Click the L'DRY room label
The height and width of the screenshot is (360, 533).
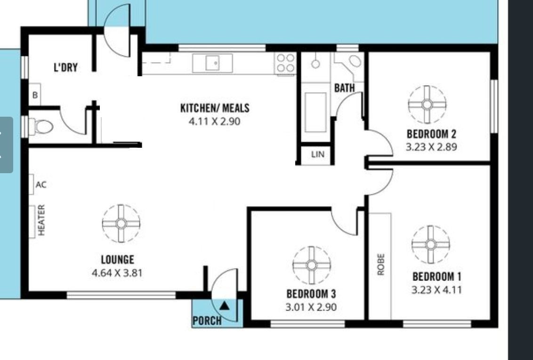[x=65, y=67]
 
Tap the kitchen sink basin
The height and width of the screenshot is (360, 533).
[x=213, y=63]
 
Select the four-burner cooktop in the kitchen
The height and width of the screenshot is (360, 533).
[x=285, y=64]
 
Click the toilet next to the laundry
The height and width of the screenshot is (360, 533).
[x=41, y=127]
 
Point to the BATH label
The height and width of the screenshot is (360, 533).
[x=344, y=88]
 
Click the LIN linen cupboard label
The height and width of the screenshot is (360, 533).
[x=317, y=154]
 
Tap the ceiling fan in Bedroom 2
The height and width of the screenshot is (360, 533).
[x=427, y=104]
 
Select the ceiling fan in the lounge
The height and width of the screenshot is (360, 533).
[x=121, y=224]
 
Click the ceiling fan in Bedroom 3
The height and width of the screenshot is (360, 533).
[x=311, y=265]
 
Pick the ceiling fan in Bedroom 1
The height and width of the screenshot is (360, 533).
[x=431, y=245]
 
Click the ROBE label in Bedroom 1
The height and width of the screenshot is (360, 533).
[x=381, y=264]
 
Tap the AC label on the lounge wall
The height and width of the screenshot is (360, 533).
[x=41, y=185]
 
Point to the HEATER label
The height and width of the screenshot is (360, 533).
[x=41, y=220]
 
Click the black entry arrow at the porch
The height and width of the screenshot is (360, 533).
[x=224, y=306]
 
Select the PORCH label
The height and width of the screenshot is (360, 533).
[x=207, y=320]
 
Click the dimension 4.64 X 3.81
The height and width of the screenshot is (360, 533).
[x=117, y=273]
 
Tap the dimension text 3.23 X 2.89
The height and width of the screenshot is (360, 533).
[x=431, y=147]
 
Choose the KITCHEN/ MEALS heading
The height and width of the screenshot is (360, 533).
[x=215, y=108]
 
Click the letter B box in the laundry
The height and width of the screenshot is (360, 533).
[x=35, y=95]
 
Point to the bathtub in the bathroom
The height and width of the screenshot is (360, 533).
[x=315, y=112]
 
